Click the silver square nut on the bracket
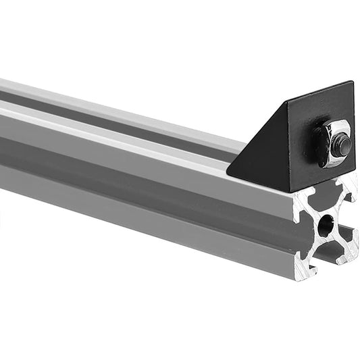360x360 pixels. pos(333,143)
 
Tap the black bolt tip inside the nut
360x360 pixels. pos(342,144)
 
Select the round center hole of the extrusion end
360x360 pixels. pos(326,225)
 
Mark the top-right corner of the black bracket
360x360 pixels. pos(353,82)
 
